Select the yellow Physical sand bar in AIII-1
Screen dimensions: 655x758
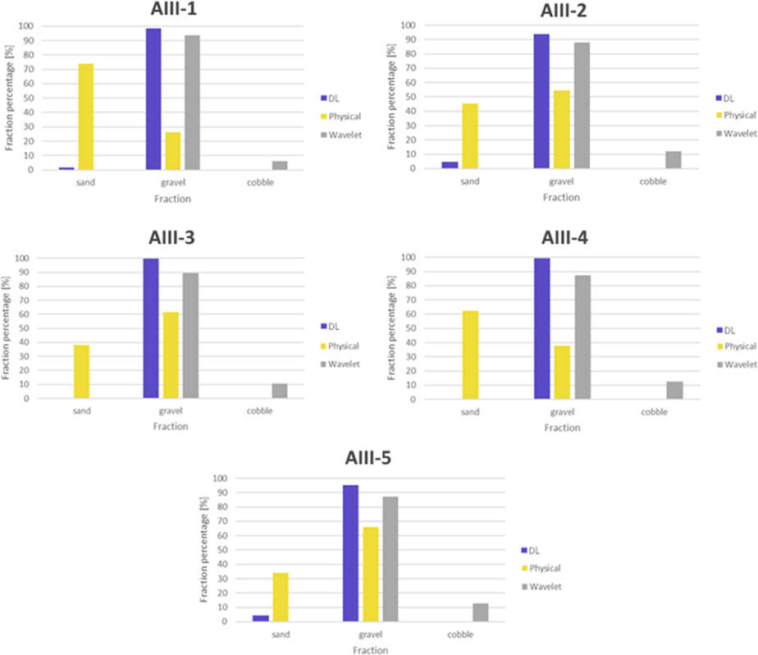click(85, 117)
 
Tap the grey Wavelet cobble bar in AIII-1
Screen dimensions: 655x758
click(280, 165)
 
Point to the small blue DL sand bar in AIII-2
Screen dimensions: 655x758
click(450, 165)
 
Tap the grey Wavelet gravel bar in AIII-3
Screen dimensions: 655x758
click(190, 335)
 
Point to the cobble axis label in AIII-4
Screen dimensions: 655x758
click(655, 411)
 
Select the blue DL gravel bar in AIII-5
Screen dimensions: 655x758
click(350, 553)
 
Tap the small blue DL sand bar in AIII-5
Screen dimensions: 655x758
click(261, 618)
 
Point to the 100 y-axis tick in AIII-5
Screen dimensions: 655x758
click(217, 478)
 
